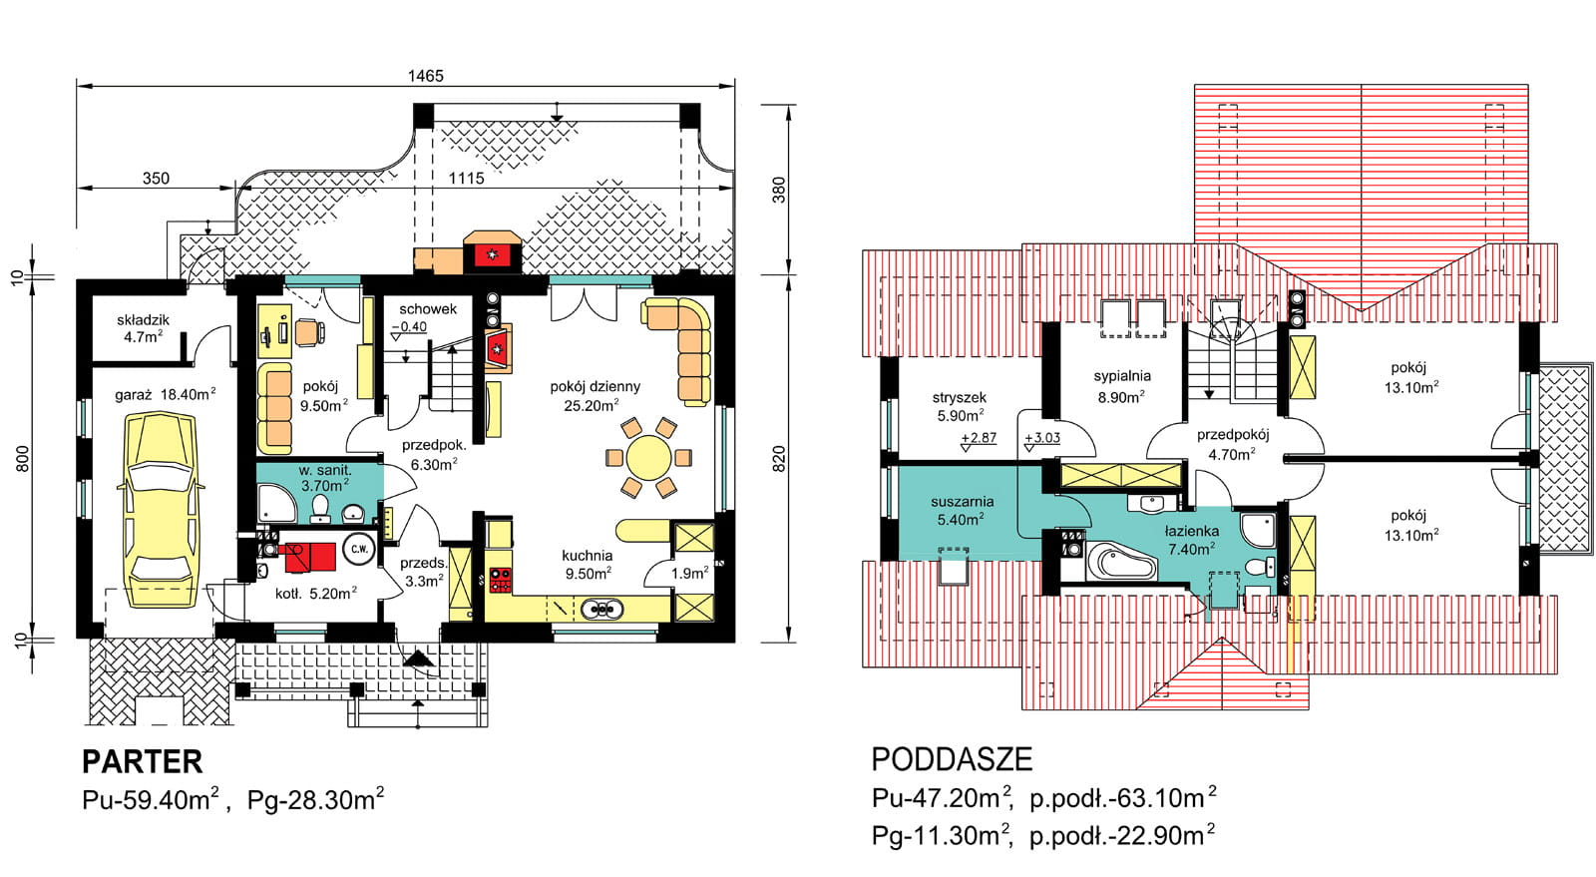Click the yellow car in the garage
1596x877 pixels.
point(161,510)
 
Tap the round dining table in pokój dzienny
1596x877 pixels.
point(648,457)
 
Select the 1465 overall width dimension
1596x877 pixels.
point(425,76)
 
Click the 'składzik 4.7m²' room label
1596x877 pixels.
point(144,328)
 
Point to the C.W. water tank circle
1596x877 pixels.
point(359,549)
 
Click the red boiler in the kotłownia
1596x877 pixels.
point(310,557)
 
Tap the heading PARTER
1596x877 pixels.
point(143,761)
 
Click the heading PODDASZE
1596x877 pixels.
point(952,759)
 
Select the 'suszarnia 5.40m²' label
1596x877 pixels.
point(962,510)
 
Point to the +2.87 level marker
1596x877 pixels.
point(979,438)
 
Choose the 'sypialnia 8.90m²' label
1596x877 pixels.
point(1122,386)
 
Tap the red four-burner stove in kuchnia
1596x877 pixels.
point(500,580)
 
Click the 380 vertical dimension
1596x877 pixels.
point(779,190)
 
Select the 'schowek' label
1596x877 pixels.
point(428,309)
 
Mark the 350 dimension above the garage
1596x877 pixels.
point(156,179)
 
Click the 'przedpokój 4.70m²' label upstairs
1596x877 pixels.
point(1232,444)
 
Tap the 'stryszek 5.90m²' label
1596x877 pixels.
point(959,407)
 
